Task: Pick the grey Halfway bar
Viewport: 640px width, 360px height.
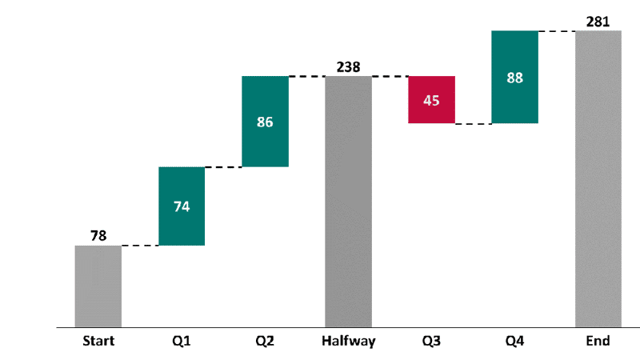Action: click(x=348, y=240)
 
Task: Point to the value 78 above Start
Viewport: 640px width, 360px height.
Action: click(x=98, y=235)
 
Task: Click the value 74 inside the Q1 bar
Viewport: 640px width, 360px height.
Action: click(x=182, y=206)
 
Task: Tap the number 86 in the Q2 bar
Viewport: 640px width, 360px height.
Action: click(x=265, y=122)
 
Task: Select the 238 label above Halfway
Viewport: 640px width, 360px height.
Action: click(x=348, y=66)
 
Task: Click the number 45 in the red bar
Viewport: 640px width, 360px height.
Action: click(x=431, y=101)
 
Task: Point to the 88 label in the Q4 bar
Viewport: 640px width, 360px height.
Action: click(x=514, y=78)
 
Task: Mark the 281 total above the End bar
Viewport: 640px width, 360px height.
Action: click(x=598, y=21)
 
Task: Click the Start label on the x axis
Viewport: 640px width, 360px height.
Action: click(x=98, y=341)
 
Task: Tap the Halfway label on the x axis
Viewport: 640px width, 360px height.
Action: click(x=348, y=341)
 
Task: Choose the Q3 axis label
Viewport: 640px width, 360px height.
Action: click(x=431, y=341)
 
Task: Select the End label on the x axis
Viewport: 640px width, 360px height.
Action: click(x=598, y=341)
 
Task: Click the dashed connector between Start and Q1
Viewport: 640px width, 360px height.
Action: click(x=140, y=246)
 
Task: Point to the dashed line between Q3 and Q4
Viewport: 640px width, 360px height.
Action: click(x=473, y=124)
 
